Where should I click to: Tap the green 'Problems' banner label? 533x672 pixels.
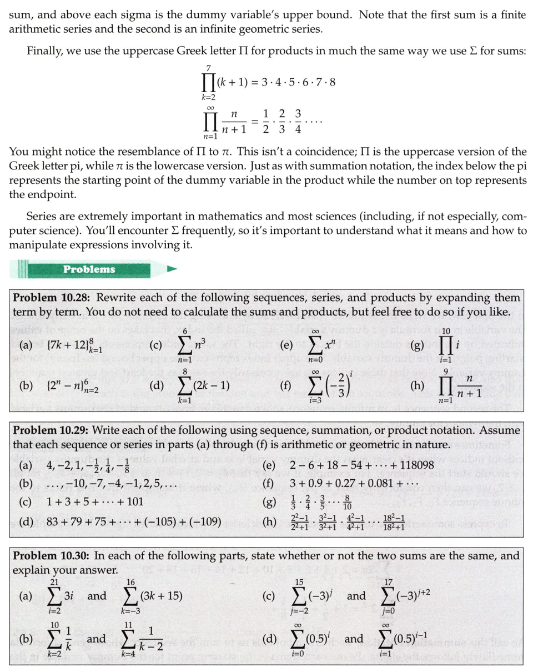(89, 269)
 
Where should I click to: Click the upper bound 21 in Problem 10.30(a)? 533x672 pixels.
(55, 581)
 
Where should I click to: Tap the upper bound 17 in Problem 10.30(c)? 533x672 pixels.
(391, 581)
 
